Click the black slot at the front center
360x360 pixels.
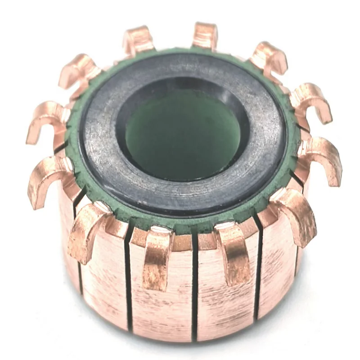point(195,288)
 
